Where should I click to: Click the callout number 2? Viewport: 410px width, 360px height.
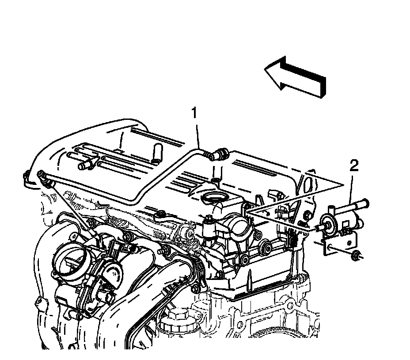pos(353,166)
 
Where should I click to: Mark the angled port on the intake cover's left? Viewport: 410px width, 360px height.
pos(84,165)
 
